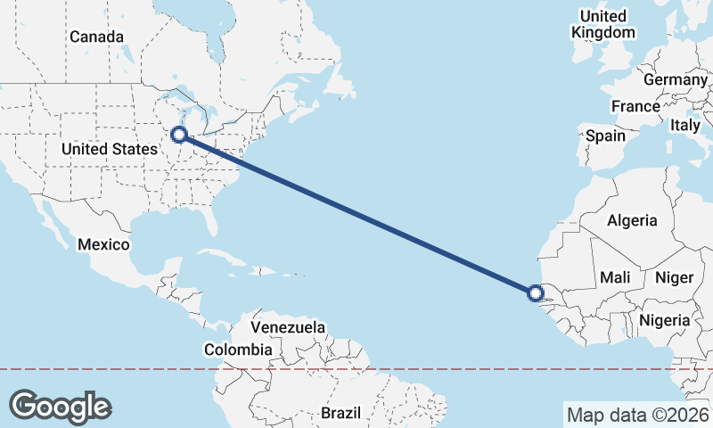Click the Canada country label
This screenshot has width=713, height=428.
click(96, 37)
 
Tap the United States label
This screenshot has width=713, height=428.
click(110, 149)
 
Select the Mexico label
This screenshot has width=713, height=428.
click(103, 244)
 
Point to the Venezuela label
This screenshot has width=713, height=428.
click(288, 327)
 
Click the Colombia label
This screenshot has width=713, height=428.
click(237, 350)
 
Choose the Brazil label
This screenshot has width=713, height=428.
click(340, 414)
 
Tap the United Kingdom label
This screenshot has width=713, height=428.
click(603, 24)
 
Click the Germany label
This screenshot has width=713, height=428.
click(675, 79)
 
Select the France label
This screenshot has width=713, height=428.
click(635, 106)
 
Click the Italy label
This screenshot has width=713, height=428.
click(685, 125)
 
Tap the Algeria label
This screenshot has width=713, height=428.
click(632, 220)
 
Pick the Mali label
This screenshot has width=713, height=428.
click(616, 277)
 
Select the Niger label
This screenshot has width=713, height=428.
click(674, 277)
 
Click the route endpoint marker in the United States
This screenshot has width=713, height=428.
click(178, 135)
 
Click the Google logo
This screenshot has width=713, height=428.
click(60, 406)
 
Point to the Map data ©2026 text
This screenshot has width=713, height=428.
click(636, 415)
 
